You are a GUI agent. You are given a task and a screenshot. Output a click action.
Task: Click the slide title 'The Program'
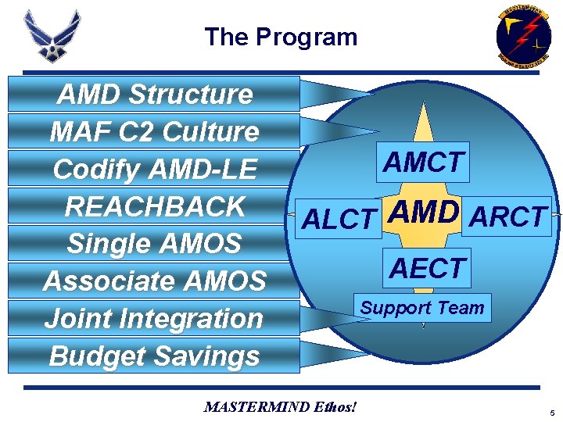[281, 37]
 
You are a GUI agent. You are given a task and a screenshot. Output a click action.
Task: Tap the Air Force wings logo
[52, 36]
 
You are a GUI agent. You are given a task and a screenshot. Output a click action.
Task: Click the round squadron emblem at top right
[523, 34]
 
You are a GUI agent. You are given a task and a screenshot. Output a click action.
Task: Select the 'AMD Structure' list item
[155, 95]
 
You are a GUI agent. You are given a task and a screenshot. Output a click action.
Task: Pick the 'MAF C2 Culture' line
[155, 132]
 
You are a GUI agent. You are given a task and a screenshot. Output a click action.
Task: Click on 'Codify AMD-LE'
[155, 169]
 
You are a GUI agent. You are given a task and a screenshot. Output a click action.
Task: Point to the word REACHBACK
[155, 206]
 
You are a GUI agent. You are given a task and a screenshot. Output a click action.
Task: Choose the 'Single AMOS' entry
[155, 244]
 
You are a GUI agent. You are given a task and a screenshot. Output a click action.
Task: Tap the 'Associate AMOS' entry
[155, 281]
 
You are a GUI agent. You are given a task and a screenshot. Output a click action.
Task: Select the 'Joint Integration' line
[155, 318]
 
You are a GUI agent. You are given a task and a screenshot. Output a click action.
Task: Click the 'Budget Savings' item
[155, 356]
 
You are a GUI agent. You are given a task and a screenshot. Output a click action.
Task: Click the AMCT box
[423, 163]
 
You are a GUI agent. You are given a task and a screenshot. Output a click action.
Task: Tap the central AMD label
[423, 213]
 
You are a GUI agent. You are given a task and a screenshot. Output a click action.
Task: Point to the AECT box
[427, 268]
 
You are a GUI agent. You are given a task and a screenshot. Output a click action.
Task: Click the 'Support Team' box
[422, 308]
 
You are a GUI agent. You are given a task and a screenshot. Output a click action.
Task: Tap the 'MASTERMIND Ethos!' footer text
[280, 406]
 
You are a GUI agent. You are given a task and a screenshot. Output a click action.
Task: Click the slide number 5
[551, 412]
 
